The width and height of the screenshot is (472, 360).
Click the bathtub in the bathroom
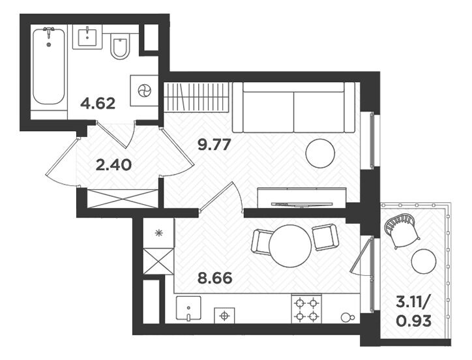pos(48,67)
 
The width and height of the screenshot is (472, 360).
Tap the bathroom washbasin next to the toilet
pos(87,37)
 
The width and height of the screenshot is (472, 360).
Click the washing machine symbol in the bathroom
pos(144,91)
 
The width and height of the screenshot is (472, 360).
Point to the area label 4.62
pos(98,104)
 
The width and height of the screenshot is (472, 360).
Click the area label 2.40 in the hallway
pos(113,165)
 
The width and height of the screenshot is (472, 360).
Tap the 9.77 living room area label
pos(214,145)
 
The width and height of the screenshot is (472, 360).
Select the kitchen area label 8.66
pos(215,278)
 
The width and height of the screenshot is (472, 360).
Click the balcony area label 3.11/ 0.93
pos(413,312)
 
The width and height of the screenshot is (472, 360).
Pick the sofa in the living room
pos(294,107)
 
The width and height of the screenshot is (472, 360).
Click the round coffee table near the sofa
pos(320,154)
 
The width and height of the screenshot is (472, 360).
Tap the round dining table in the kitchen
pos(290,246)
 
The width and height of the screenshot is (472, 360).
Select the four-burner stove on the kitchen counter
pos(306,308)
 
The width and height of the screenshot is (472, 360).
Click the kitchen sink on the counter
pos(188,309)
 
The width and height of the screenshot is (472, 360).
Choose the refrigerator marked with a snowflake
pos(158,233)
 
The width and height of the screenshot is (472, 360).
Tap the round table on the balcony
pos(424,261)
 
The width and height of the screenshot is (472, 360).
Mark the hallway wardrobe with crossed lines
pos(122,198)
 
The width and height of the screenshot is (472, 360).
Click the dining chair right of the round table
pos(325,237)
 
